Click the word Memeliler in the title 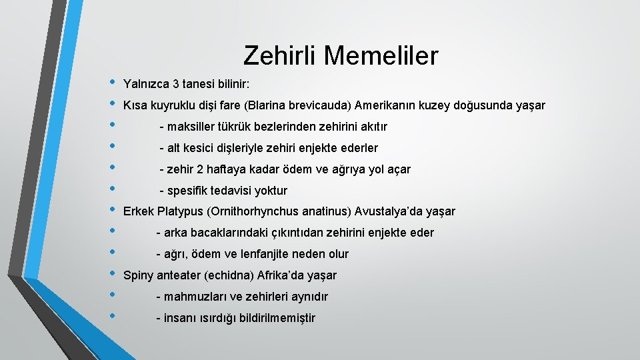coord(381,55)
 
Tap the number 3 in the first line coord(175,84)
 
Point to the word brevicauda coord(321,105)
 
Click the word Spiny coord(139,275)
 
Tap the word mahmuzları coord(193,297)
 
